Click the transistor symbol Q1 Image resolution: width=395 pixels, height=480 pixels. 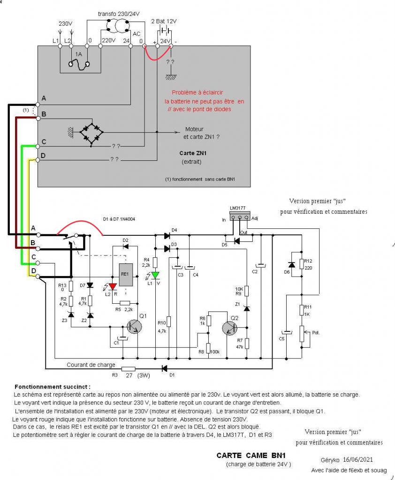(x=134, y=327)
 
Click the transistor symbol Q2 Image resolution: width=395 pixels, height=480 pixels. (x=229, y=328)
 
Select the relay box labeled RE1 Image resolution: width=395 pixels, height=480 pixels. (x=126, y=275)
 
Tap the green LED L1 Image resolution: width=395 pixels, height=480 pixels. (x=155, y=275)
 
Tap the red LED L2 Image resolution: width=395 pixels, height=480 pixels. (x=113, y=286)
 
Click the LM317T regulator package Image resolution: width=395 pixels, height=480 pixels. (x=240, y=216)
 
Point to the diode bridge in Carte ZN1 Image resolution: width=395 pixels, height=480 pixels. (x=91, y=132)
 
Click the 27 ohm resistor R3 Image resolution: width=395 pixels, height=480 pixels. (x=128, y=369)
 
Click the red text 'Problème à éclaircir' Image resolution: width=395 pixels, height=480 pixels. (x=197, y=92)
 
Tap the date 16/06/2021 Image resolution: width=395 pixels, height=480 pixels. (x=357, y=459)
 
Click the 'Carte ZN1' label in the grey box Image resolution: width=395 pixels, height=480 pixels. (x=193, y=153)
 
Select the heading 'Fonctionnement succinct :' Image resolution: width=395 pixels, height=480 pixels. (x=53, y=387)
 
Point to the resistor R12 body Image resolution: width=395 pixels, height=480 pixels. (x=302, y=264)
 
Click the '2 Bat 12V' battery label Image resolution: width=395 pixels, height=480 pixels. (x=164, y=22)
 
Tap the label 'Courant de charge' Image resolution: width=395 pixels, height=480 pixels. (x=91, y=365)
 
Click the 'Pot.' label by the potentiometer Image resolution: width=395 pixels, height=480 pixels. (x=316, y=333)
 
